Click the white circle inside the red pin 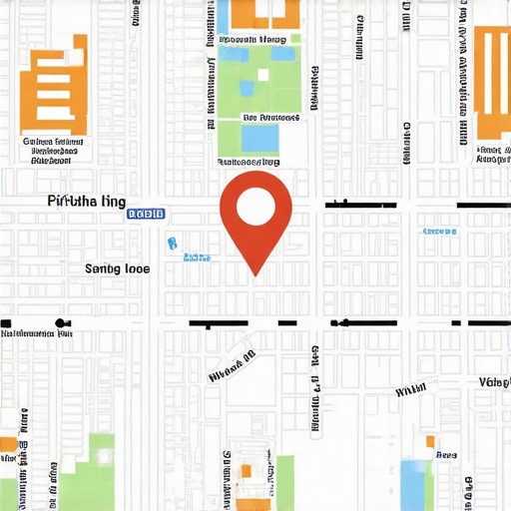[x=255, y=205]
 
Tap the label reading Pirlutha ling [x=86, y=201]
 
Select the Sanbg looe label [x=117, y=267]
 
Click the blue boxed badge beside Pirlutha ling [x=146, y=214]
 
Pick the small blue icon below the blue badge [x=171, y=243]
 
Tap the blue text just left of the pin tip [x=197, y=257]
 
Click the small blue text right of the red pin [x=439, y=232]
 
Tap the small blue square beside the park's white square [x=247, y=89]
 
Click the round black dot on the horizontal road [x=62, y=323]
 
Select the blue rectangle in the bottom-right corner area [x=415, y=486]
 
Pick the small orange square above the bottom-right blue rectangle [x=430, y=441]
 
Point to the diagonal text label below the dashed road [x=233, y=367]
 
